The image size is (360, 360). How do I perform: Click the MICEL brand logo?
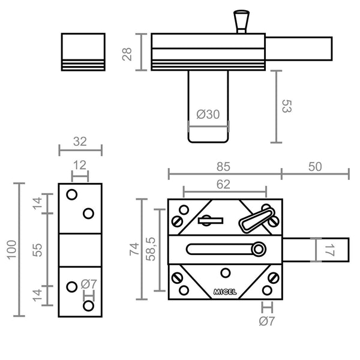pyautogui.click(x=225, y=292)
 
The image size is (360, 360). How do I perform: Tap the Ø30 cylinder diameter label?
pyautogui.click(x=208, y=115)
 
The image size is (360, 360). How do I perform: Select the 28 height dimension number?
pyautogui.click(x=127, y=54)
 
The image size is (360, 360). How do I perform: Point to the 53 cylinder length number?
pyautogui.click(x=287, y=106)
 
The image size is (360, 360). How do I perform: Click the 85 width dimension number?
pyautogui.click(x=223, y=167)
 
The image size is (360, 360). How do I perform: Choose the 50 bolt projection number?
pyautogui.click(x=315, y=167)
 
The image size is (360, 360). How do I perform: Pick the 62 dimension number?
pyautogui.click(x=223, y=184)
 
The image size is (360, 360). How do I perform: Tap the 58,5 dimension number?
pyautogui.click(x=151, y=249)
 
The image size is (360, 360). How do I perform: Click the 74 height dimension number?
pyautogui.click(x=134, y=249)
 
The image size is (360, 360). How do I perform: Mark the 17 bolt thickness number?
pyautogui.click(x=329, y=250)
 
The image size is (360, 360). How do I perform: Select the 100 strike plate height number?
pyautogui.click(x=12, y=250)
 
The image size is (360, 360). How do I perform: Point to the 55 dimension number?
pyautogui.click(x=37, y=250)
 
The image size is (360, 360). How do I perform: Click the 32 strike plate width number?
pyautogui.click(x=80, y=142)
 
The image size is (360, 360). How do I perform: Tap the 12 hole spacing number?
pyautogui.click(x=80, y=166)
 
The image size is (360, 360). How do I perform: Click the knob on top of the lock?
pyautogui.click(x=242, y=22)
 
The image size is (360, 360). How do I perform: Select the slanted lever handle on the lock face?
pyautogui.click(x=257, y=220)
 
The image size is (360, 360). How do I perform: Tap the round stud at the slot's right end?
pyautogui.click(x=259, y=249)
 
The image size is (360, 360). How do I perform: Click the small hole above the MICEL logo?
pyautogui.click(x=225, y=273)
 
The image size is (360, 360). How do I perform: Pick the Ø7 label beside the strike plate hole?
pyautogui.click(x=89, y=284)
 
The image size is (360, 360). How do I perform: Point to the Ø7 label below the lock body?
pyautogui.click(x=267, y=321)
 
